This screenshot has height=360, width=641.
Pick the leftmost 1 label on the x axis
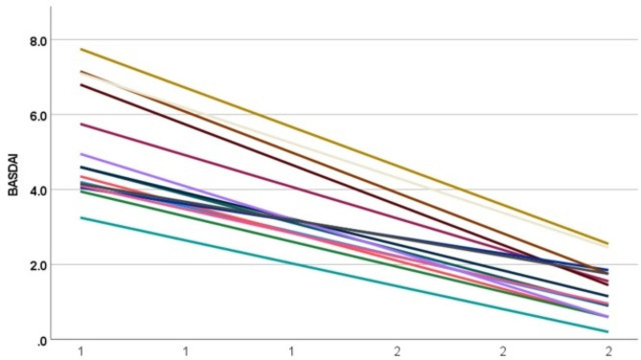tap(80, 351)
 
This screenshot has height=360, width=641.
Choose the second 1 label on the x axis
tap(186, 351)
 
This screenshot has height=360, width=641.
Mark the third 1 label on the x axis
tap(291, 351)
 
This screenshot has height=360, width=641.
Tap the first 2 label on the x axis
tap(397, 351)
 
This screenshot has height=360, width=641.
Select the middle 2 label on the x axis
tap(503, 351)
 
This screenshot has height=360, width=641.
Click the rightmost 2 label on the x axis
tap(608, 351)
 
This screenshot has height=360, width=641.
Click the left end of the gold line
tap(80, 49)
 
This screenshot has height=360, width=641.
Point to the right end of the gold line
tap(608, 244)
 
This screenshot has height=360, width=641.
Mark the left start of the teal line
tap(80, 217)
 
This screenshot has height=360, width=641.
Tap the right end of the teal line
tap(608, 332)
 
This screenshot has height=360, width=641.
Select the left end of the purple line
tap(80, 153)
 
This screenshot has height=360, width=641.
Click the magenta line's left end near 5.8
tap(80, 124)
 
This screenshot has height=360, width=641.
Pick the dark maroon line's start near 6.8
tap(80, 84)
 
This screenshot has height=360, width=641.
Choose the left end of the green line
tap(80, 191)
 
